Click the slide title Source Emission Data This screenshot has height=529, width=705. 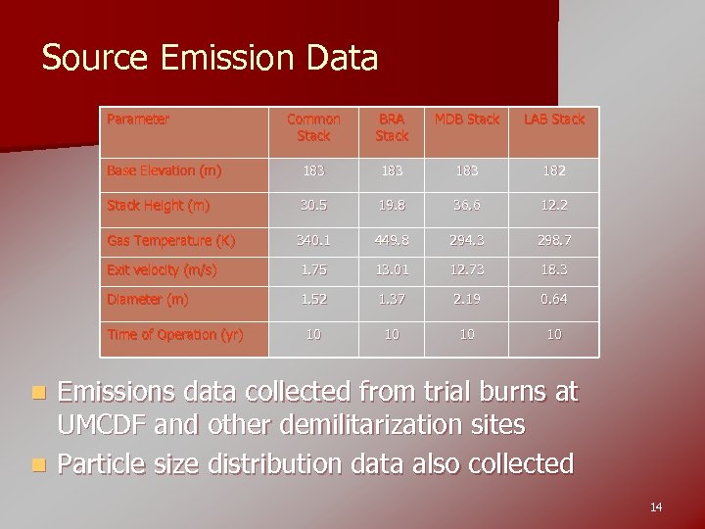(x=210, y=59)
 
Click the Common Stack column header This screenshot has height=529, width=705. (x=313, y=127)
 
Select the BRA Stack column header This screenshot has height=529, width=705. (x=392, y=127)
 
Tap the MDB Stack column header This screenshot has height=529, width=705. (x=467, y=120)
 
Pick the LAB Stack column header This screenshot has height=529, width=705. (x=553, y=120)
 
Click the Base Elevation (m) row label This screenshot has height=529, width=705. (x=164, y=170)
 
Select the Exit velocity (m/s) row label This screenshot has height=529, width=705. (x=163, y=270)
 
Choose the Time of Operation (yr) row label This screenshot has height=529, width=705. (x=174, y=335)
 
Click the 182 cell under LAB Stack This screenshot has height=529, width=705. (x=553, y=170)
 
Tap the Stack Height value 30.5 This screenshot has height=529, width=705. (x=313, y=206)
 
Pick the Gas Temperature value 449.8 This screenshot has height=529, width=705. (x=392, y=241)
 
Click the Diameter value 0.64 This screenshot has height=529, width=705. (x=553, y=300)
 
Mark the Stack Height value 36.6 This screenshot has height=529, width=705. (x=467, y=206)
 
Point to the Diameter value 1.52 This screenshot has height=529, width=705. (x=313, y=300)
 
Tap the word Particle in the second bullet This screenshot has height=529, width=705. (x=103, y=462)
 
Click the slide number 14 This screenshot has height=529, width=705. (x=655, y=506)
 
